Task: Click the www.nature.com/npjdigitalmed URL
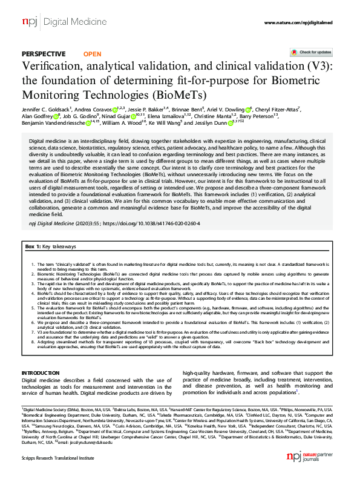(x=298, y=22)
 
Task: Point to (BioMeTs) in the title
(x=181, y=95)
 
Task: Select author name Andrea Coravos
(x=96, y=110)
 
